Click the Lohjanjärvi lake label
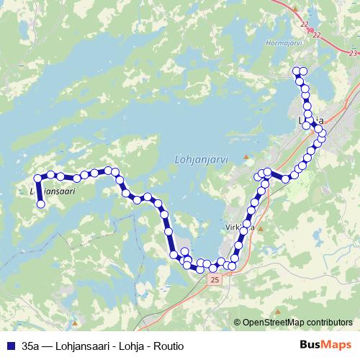point(201,160)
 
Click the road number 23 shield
point(351,53)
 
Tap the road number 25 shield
point(214,278)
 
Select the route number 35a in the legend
point(32,346)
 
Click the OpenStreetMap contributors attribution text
point(297,323)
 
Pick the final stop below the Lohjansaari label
point(41,204)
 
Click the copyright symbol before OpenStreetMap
point(238,323)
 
